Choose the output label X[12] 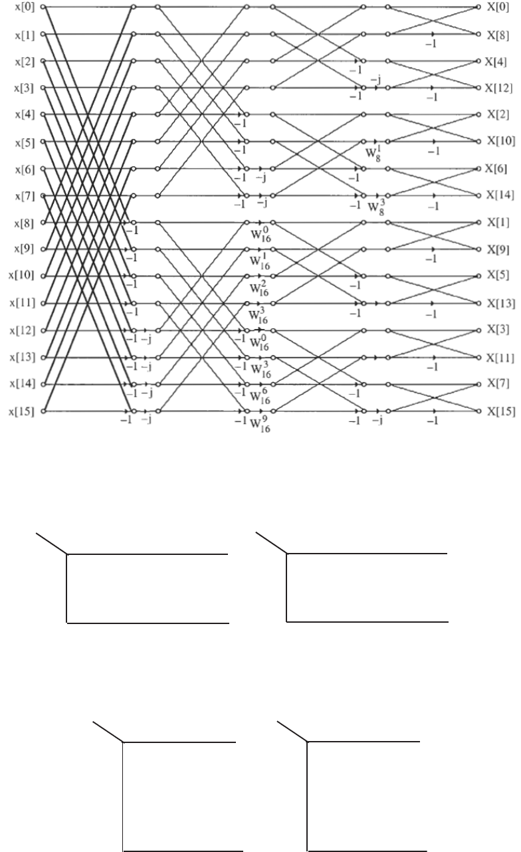(499, 88)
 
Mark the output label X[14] (499, 196)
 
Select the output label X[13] (499, 304)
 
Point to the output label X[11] (499, 358)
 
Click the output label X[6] (497, 169)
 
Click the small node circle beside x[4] (43, 114)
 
